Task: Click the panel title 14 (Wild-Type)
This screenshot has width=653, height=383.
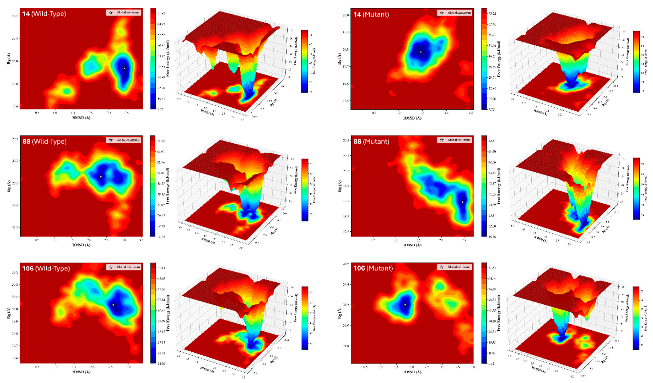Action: (44, 13)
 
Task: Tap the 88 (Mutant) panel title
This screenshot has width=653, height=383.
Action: (371, 141)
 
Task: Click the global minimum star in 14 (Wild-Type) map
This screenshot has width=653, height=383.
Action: (124, 68)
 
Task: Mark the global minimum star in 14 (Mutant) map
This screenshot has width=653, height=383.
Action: (421, 52)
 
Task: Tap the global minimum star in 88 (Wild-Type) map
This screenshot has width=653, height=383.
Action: (101, 177)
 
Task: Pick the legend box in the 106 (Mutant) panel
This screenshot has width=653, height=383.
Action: (455, 267)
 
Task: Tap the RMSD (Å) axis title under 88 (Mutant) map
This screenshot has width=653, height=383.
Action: (412, 245)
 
